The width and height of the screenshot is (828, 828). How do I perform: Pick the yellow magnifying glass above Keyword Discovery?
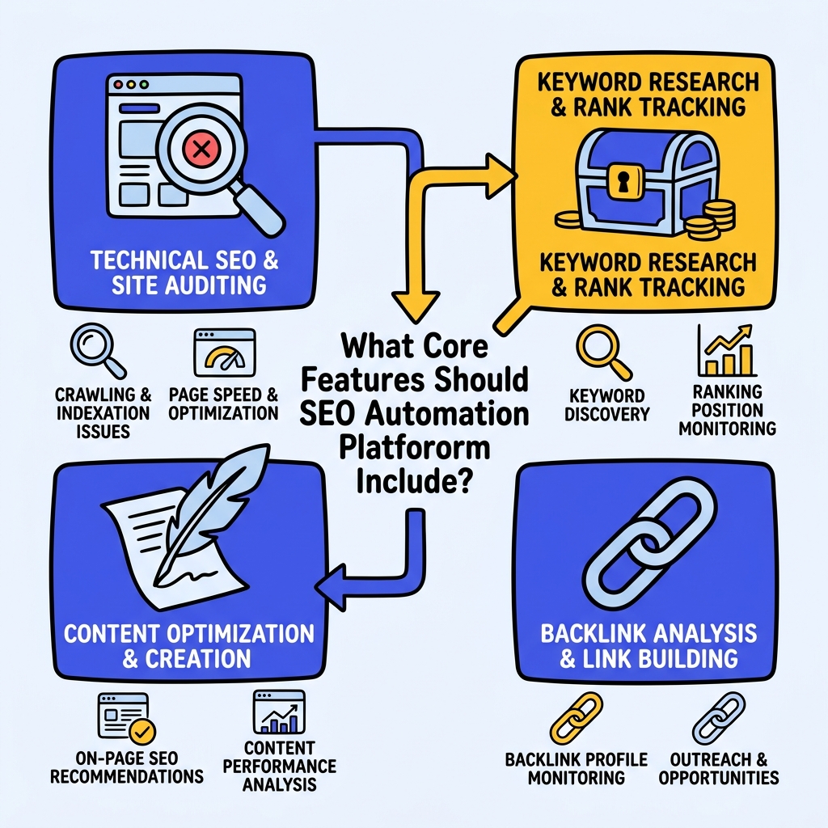tap(601, 351)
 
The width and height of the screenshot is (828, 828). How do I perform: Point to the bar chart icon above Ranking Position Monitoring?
tap(725, 351)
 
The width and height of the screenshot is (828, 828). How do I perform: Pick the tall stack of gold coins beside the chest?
tap(715, 219)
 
